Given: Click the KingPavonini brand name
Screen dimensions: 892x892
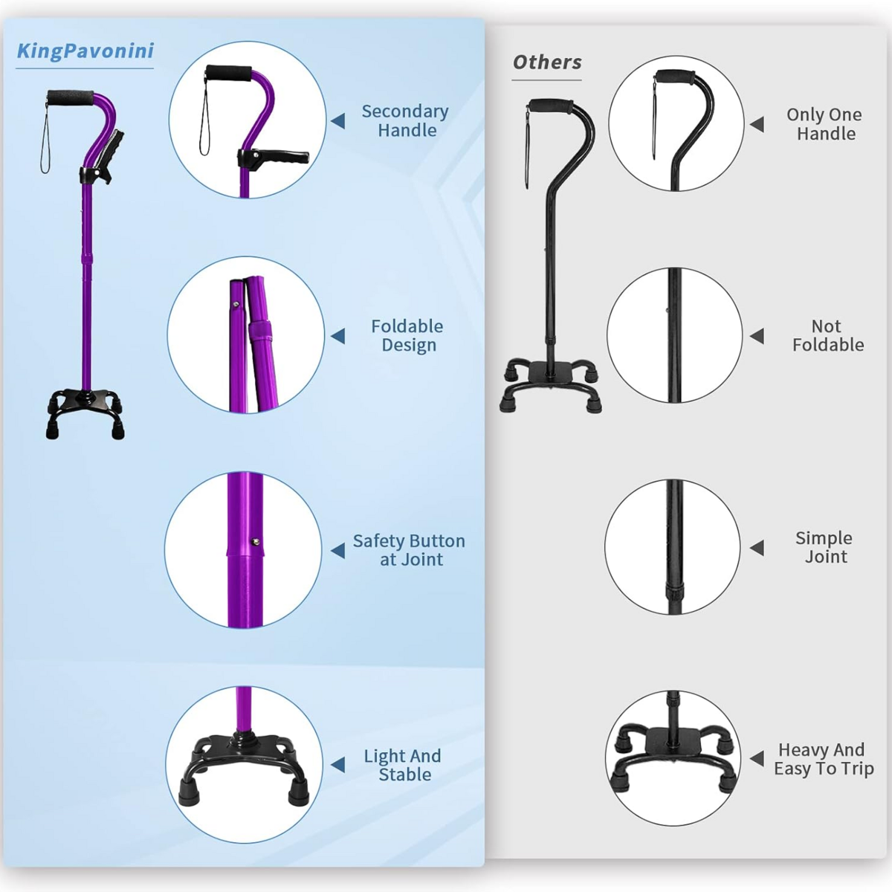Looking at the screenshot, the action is [x=85, y=51].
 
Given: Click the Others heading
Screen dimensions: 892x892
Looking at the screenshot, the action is [x=547, y=62].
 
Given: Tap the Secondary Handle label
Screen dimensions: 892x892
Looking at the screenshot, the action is [x=405, y=121].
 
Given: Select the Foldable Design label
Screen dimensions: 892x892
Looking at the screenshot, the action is [x=407, y=335].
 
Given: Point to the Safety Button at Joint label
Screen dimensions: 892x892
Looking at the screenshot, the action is [x=409, y=550].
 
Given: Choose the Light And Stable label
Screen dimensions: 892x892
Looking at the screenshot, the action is [x=403, y=765].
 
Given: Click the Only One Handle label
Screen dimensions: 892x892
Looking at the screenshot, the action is [x=824, y=124].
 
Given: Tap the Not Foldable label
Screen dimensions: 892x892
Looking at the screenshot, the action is [x=827, y=335].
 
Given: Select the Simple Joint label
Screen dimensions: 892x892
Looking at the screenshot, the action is [x=824, y=547].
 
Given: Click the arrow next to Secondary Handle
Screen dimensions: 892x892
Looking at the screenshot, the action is [x=338, y=121].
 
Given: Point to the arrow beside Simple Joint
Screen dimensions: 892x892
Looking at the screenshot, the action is [x=757, y=548].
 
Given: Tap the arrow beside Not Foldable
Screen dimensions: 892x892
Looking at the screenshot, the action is [x=757, y=336].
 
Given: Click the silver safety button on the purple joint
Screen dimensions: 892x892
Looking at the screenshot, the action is [x=255, y=541].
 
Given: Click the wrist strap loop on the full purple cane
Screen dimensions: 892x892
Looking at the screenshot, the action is [x=45, y=139].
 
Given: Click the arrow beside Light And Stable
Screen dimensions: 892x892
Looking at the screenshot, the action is [x=338, y=765].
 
